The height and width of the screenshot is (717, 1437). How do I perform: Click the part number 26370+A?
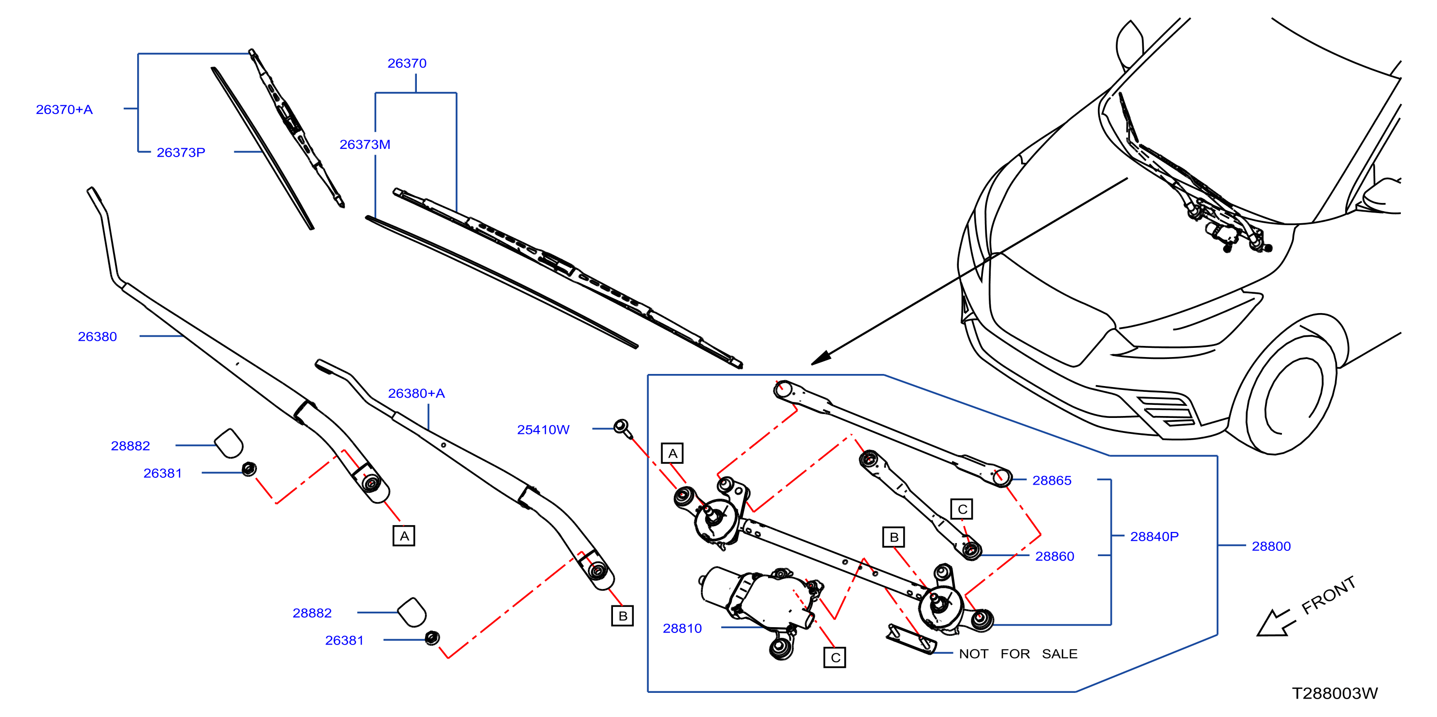[64, 109]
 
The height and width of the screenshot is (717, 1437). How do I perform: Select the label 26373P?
[181, 152]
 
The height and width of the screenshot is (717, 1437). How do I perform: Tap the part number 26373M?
[365, 144]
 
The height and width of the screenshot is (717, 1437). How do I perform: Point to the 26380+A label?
[416, 393]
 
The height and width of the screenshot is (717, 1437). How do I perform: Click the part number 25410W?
[543, 430]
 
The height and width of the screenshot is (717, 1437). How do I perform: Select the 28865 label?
[1052, 480]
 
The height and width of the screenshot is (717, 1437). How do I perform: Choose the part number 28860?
[1054, 556]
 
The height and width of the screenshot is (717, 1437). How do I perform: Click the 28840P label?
[1154, 536]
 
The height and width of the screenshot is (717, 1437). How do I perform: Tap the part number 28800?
[1271, 546]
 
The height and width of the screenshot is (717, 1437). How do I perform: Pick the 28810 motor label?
[682, 628]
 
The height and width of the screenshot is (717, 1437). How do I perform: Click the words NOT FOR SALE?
[1018, 654]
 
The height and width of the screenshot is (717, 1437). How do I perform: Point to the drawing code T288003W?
[1335, 693]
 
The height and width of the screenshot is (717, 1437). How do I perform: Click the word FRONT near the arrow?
[1329, 595]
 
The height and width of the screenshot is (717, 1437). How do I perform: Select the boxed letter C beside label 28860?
[962, 509]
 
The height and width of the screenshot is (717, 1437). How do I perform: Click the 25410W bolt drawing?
[623, 429]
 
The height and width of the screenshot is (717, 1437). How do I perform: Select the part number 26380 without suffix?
[97, 336]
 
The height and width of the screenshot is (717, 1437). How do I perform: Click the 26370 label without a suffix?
[407, 63]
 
